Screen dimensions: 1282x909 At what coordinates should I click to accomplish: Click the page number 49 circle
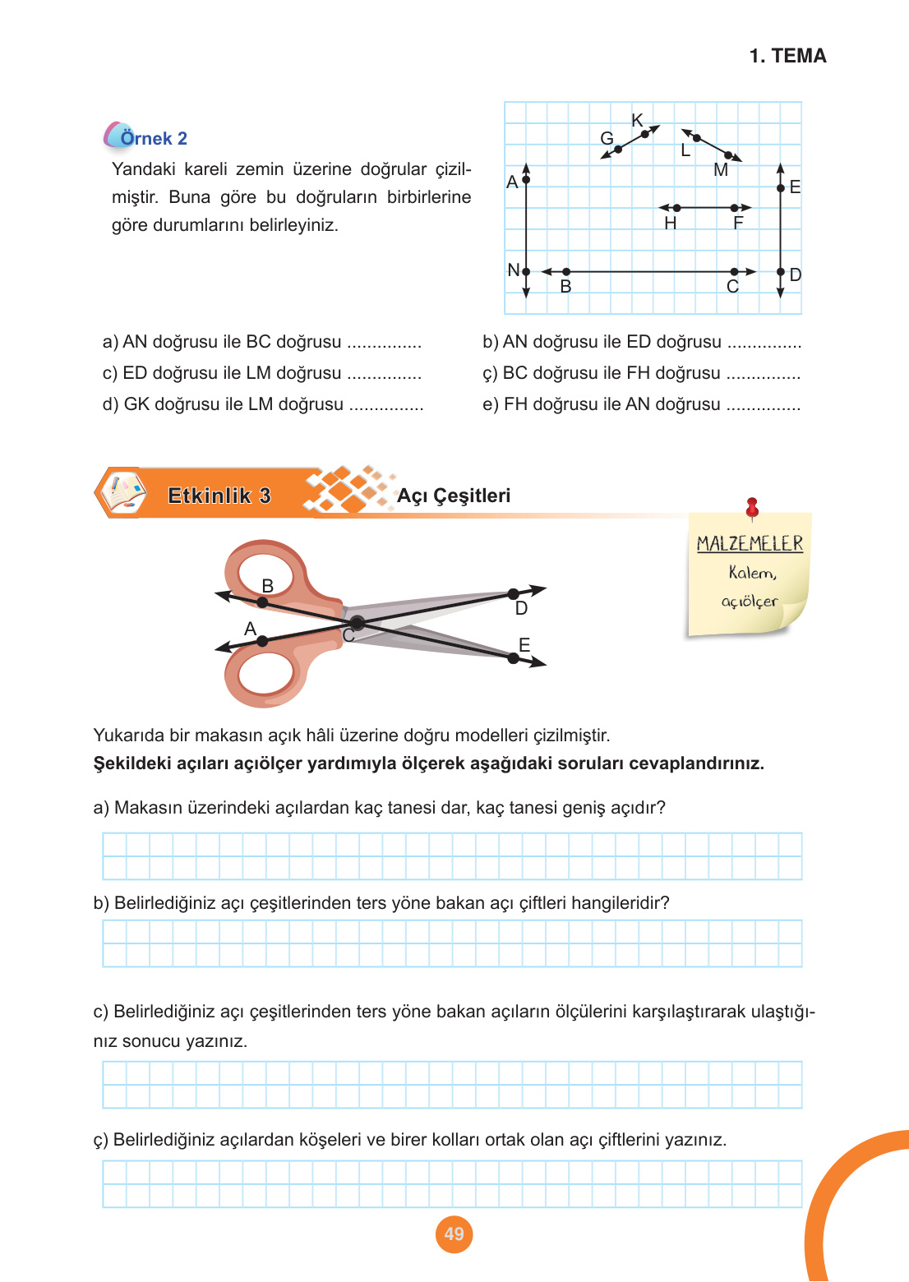pyautogui.click(x=454, y=1234)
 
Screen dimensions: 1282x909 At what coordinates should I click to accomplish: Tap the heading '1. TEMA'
pyautogui.click(x=787, y=56)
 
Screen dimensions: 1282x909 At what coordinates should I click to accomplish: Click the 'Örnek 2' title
pyautogui.click(x=154, y=138)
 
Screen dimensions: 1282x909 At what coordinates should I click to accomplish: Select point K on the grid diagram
pyautogui.click(x=645, y=133)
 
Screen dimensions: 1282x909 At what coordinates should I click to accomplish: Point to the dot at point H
pyautogui.click(x=676, y=208)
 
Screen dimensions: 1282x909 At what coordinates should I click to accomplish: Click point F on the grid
pyautogui.click(x=735, y=208)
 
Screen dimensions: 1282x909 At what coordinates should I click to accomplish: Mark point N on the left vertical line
pyautogui.click(x=526, y=271)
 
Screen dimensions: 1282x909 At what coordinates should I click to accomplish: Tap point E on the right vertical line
pyautogui.click(x=780, y=188)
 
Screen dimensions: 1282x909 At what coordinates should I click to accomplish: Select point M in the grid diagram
pyautogui.click(x=728, y=154)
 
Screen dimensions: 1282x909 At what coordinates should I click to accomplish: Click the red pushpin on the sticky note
pyautogui.click(x=751, y=507)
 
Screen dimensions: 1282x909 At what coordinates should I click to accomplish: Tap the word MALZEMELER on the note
pyautogui.click(x=750, y=544)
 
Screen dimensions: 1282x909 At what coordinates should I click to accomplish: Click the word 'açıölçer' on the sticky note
pyautogui.click(x=749, y=602)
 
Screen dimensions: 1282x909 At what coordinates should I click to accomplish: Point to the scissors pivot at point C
pyautogui.click(x=357, y=624)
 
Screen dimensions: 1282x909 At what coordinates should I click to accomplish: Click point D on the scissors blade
pyautogui.click(x=513, y=593)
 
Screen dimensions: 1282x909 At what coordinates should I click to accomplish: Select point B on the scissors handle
pyautogui.click(x=262, y=602)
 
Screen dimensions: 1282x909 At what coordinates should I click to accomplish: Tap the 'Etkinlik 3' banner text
pyautogui.click(x=219, y=496)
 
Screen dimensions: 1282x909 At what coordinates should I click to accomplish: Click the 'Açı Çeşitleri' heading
pyautogui.click(x=454, y=496)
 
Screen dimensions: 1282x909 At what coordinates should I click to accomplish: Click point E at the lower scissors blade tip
pyautogui.click(x=513, y=658)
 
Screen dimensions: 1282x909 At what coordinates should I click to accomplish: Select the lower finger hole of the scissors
pyautogui.click(x=265, y=674)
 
